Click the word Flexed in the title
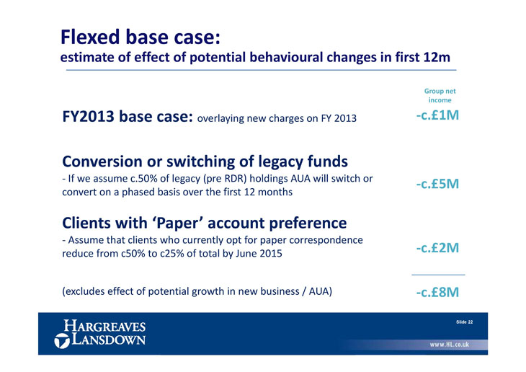tap(90, 37)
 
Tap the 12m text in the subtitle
tap(436, 57)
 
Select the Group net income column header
tap(440, 96)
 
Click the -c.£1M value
tap(437, 115)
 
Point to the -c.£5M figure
tap(437, 184)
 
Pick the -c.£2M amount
tap(437, 248)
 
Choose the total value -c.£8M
tap(437, 292)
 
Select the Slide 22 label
tap(464, 322)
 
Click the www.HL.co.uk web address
tap(450, 345)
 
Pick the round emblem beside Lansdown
tap(62, 341)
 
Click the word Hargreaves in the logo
tap(104, 326)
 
